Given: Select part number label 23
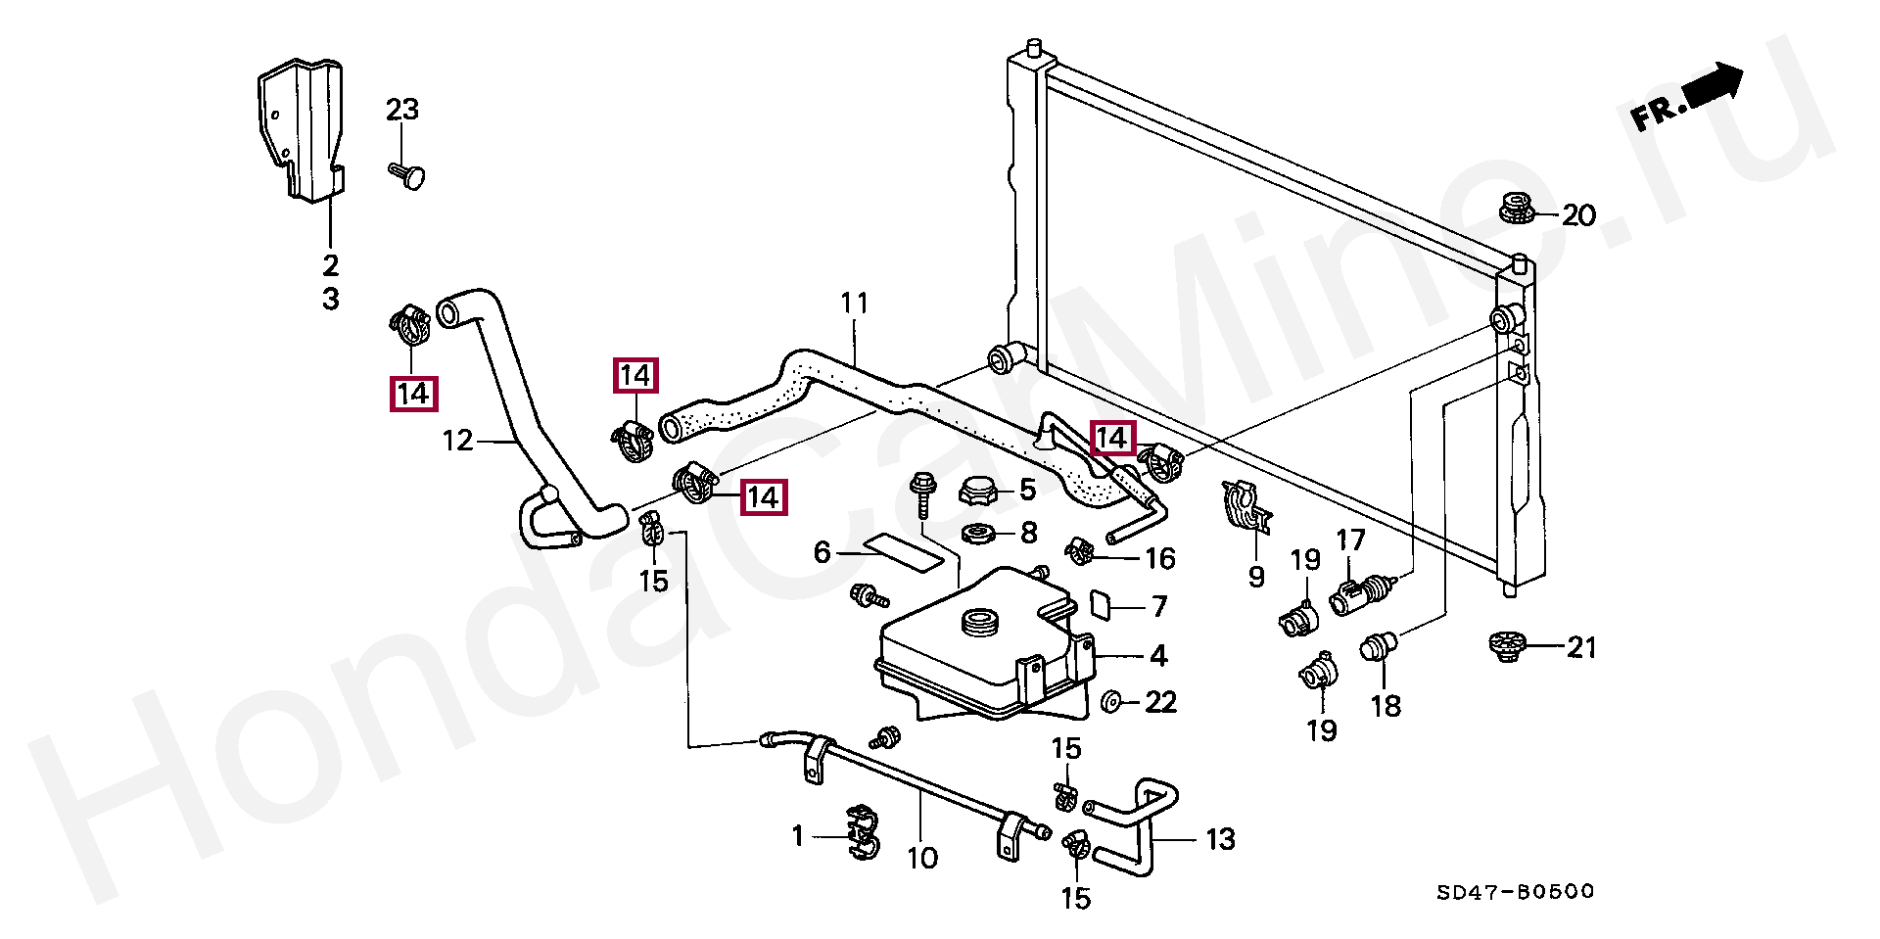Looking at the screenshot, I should click(x=402, y=110).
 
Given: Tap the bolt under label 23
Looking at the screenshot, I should click(x=409, y=175).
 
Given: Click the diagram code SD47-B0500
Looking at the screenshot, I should click(x=1515, y=892).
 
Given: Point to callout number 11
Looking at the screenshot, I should click(x=854, y=304).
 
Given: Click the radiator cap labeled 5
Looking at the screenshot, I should click(x=978, y=490).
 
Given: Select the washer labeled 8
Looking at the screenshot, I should click(x=979, y=534).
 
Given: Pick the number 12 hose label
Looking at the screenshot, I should click(x=457, y=441).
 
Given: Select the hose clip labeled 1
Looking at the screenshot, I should click(x=862, y=834).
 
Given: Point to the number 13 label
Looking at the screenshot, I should click(x=1220, y=839).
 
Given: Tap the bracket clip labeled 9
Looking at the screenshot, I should click(x=1245, y=509).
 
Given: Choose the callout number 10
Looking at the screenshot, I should click(x=922, y=859).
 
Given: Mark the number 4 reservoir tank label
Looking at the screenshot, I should click(x=1158, y=655).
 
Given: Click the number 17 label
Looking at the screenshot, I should click(x=1350, y=540).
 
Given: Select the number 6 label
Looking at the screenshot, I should click(x=822, y=553).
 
